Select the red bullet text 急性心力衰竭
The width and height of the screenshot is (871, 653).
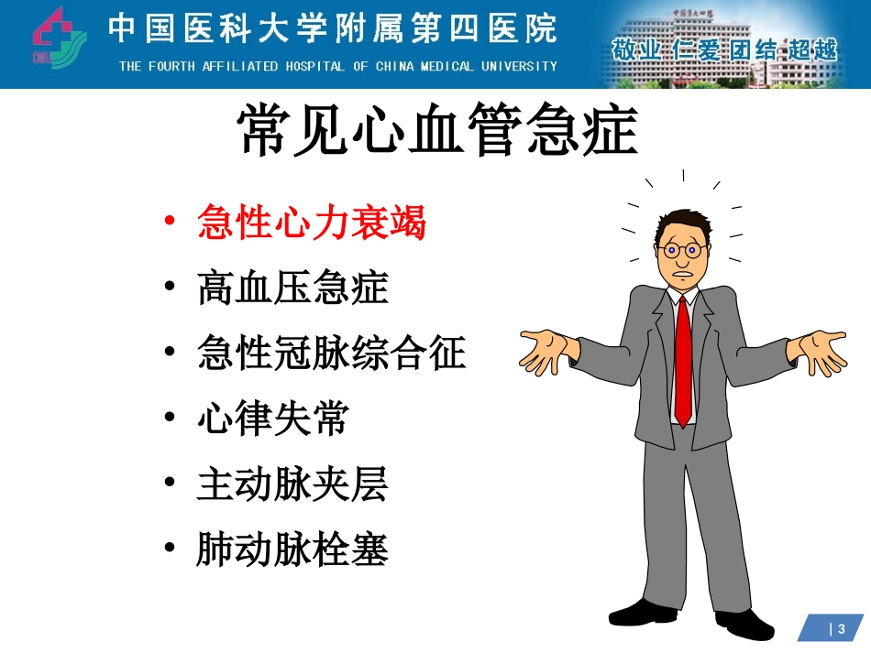[312, 223]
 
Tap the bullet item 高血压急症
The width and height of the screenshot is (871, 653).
[292, 288]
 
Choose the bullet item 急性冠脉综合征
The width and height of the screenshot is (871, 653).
[332, 354]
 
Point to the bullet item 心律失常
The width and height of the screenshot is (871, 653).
[273, 419]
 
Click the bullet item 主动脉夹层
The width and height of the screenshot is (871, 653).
[292, 484]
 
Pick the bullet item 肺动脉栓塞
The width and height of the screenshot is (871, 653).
[292, 550]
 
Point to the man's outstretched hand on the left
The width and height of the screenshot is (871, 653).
[549, 353]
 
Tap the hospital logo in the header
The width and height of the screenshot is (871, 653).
[58, 38]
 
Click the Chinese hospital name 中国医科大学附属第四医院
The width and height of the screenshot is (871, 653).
[333, 29]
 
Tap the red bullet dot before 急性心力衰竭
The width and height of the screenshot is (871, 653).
[168, 222]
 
